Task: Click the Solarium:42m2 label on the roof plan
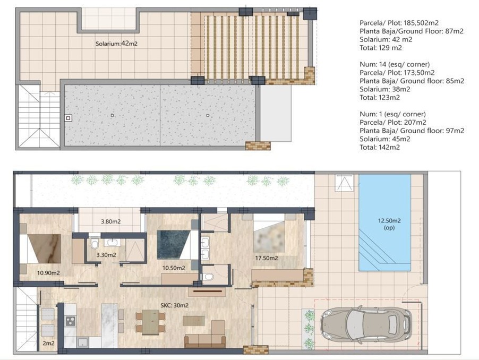[x=116, y=44]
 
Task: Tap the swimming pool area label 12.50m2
[x=389, y=220]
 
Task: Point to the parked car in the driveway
[x=366, y=324]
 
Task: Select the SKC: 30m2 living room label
[x=174, y=305]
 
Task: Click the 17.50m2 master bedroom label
[x=267, y=258]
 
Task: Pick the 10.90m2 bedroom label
[x=48, y=273]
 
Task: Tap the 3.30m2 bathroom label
[x=106, y=255]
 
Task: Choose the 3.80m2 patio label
[x=110, y=221]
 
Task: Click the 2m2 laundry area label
[x=48, y=343]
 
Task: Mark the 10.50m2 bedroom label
[x=174, y=268]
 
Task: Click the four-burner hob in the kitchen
[x=71, y=321]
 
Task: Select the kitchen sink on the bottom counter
[x=82, y=342]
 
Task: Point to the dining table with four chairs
[x=150, y=322]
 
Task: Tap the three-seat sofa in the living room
[x=205, y=341]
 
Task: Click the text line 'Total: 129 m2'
[x=381, y=48]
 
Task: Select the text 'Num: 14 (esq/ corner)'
[x=395, y=64]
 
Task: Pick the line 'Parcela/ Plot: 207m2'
[x=392, y=123]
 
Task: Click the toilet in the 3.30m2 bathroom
[x=95, y=244]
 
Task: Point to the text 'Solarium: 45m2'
[x=385, y=139]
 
